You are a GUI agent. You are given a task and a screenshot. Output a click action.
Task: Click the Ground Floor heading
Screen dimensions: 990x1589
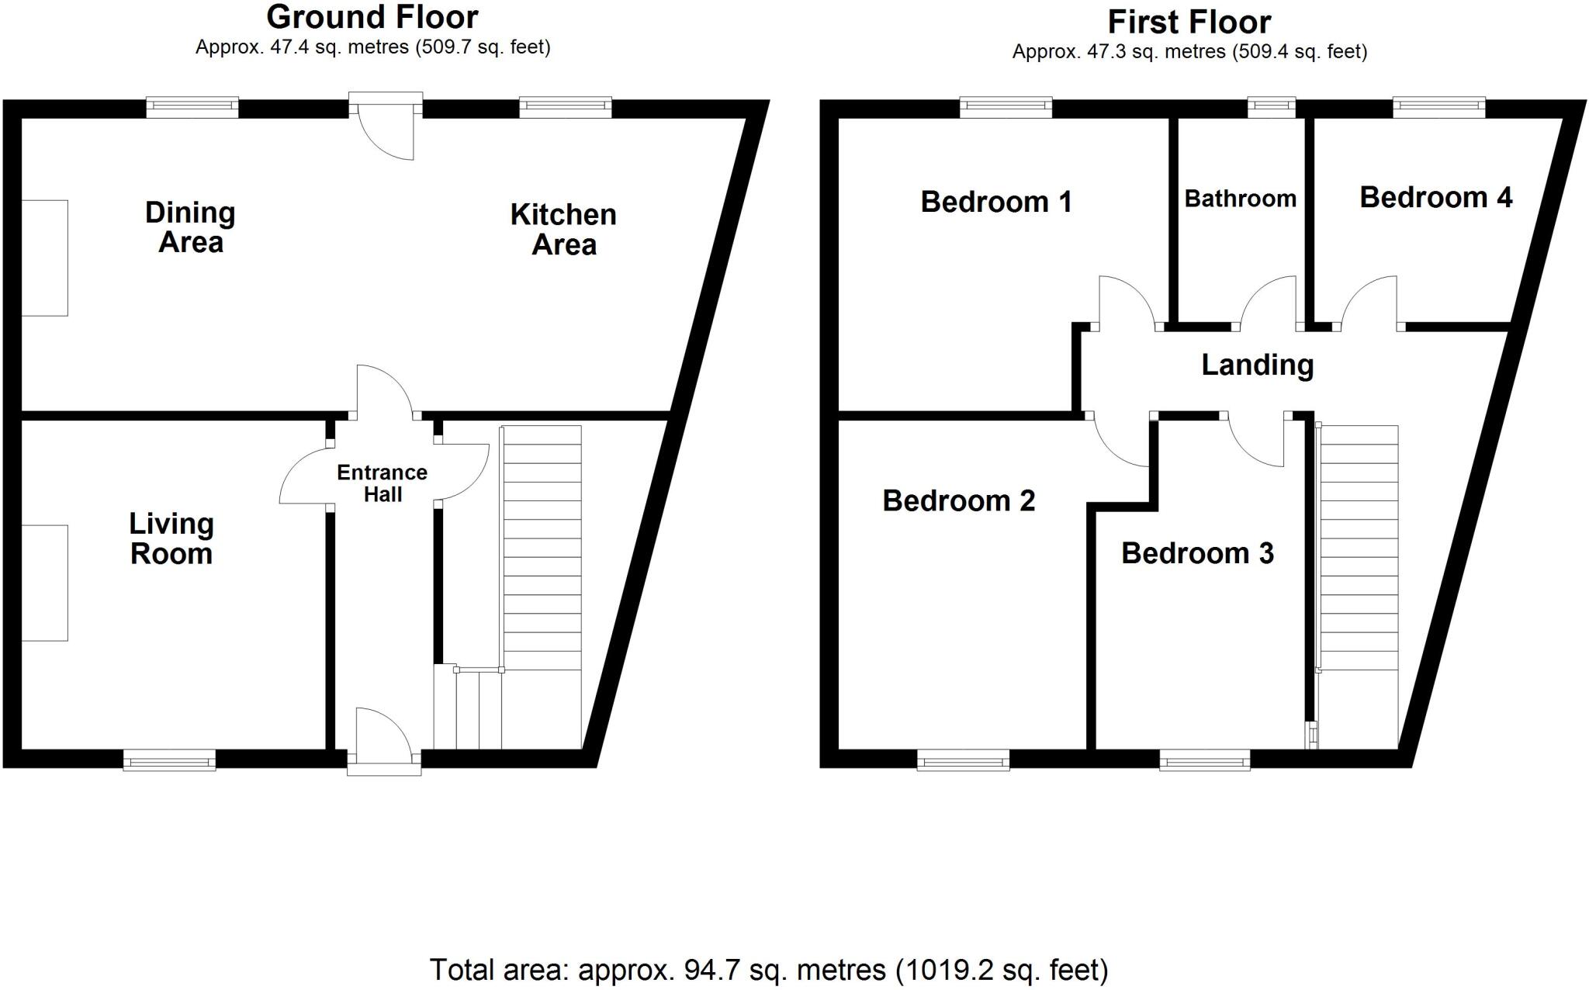tap(372, 17)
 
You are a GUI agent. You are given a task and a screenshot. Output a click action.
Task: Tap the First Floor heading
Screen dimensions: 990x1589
tap(1189, 22)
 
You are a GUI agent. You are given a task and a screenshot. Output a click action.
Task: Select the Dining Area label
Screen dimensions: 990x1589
tap(190, 227)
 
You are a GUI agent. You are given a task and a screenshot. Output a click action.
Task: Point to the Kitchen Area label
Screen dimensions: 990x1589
tap(563, 230)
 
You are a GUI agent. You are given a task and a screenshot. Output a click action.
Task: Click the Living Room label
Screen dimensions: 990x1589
tap(171, 539)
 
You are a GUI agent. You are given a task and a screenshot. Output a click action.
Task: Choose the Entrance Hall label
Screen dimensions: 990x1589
tap(383, 483)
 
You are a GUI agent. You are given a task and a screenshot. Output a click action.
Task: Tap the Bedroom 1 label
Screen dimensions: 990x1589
tap(996, 202)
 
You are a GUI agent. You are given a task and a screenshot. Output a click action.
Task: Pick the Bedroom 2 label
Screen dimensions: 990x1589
tap(959, 501)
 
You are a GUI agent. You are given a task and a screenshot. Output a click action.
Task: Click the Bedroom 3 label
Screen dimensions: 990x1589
tap(1197, 553)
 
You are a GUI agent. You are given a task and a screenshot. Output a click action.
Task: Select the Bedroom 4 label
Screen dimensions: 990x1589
tap(1435, 198)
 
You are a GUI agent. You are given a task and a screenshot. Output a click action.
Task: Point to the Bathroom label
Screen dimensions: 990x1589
tap(1240, 199)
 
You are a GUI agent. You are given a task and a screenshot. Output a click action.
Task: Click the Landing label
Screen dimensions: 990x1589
tap(1257, 365)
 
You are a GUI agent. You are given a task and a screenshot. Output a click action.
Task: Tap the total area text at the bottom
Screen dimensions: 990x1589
tap(769, 970)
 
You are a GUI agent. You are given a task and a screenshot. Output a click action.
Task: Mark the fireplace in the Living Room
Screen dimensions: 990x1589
tap(44, 583)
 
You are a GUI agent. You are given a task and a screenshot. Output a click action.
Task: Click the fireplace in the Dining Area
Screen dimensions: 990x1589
tap(44, 258)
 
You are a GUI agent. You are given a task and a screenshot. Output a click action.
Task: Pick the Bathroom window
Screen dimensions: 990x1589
tap(1271, 107)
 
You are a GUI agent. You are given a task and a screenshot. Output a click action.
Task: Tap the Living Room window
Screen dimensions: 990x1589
tap(169, 760)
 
